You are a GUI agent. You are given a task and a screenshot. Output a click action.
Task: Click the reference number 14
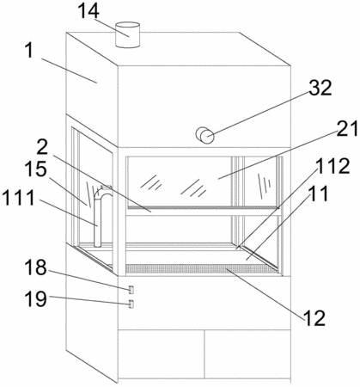(88, 10)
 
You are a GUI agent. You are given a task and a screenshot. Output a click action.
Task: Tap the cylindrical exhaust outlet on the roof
(127, 34)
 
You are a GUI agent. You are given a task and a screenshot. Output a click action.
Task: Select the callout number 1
(29, 52)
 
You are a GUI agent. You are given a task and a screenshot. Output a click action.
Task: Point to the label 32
(320, 88)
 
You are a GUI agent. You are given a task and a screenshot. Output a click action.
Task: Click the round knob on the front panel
(205, 135)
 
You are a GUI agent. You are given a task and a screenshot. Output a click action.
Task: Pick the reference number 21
(347, 128)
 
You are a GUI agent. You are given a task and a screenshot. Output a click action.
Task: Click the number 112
(333, 166)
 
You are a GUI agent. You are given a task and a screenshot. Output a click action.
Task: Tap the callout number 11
(318, 193)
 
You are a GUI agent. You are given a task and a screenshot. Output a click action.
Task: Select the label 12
(314, 318)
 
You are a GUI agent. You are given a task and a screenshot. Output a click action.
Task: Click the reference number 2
(42, 148)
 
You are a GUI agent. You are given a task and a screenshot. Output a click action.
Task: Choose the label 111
(19, 198)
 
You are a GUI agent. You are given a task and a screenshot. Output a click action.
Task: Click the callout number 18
(35, 267)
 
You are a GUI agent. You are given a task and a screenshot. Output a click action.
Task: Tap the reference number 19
(35, 298)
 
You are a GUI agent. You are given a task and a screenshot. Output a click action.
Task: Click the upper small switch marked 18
(131, 290)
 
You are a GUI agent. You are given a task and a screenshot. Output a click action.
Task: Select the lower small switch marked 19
(131, 304)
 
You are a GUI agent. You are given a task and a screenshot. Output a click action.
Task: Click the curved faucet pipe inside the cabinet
(98, 218)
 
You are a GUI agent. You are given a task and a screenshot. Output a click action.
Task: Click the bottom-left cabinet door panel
(162, 353)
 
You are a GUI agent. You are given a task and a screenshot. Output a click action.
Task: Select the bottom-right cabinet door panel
(247, 353)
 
